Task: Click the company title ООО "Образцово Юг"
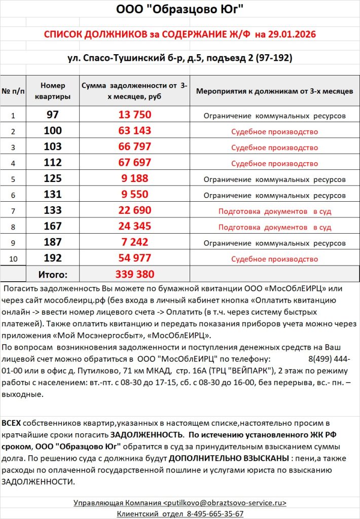pyautogui.click(x=180, y=10)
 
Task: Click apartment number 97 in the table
pyautogui.click(x=53, y=115)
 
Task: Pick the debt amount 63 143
pyautogui.click(x=134, y=131)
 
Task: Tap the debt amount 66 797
pyautogui.click(x=134, y=147)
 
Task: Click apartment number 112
pyautogui.click(x=53, y=163)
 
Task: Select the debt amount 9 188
pyautogui.click(x=134, y=178)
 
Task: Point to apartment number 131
pyautogui.click(x=53, y=194)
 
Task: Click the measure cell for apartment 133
pyautogui.click(x=274, y=211)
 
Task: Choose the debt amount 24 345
pyautogui.click(x=134, y=227)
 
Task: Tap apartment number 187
pyautogui.click(x=53, y=242)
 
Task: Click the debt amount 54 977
pyautogui.click(x=134, y=258)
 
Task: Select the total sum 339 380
pyautogui.click(x=134, y=274)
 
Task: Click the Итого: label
pyautogui.click(x=53, y=275)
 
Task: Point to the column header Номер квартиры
pyautogui.click(x=53, y=91)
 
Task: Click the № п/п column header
pyautogui.click(x=13, y=91)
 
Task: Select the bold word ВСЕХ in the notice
pyautogui.click(x=12, y=423)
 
